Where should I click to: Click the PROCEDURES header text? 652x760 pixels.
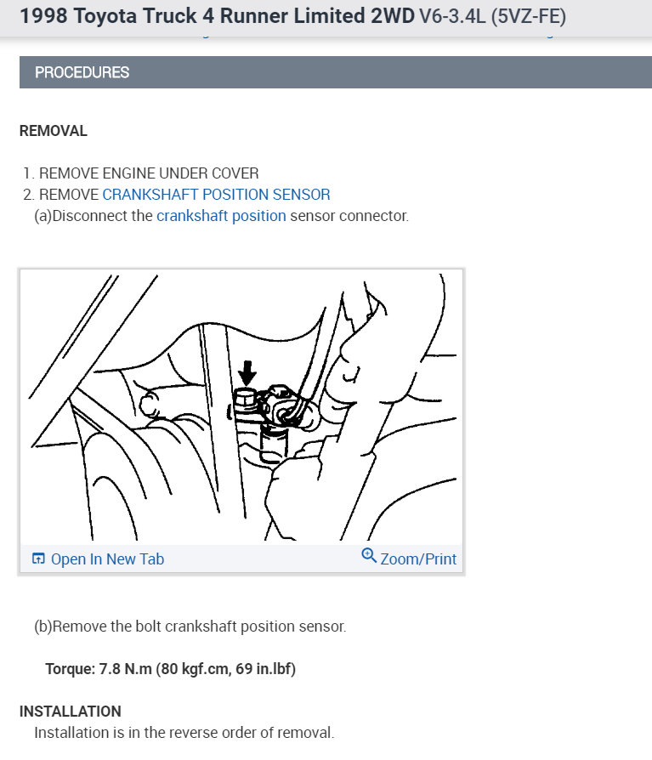pyautogui.click(x=82, y=72)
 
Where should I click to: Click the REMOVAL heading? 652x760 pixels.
pyautogui.click(x=53, y=131)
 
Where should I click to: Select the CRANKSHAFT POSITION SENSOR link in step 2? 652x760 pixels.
pyautogui.click(x=216, y=195)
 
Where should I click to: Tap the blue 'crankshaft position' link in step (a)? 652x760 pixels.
pyautogui.click(x=221, y=216)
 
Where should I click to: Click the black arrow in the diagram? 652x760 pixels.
pyautogui.click(x=247, y=371)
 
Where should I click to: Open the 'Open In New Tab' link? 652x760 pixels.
pyautogui.click(x=107, y=559)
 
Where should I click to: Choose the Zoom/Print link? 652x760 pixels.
pyautogui.click(x=418, y=559)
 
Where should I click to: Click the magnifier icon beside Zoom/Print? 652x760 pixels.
pyautogui.click(x=369, y=556)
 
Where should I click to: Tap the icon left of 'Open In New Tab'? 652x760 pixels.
pyautogui.click(x=38, y=559)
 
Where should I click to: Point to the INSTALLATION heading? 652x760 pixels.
pyautogui.click(x=70, y=711)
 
